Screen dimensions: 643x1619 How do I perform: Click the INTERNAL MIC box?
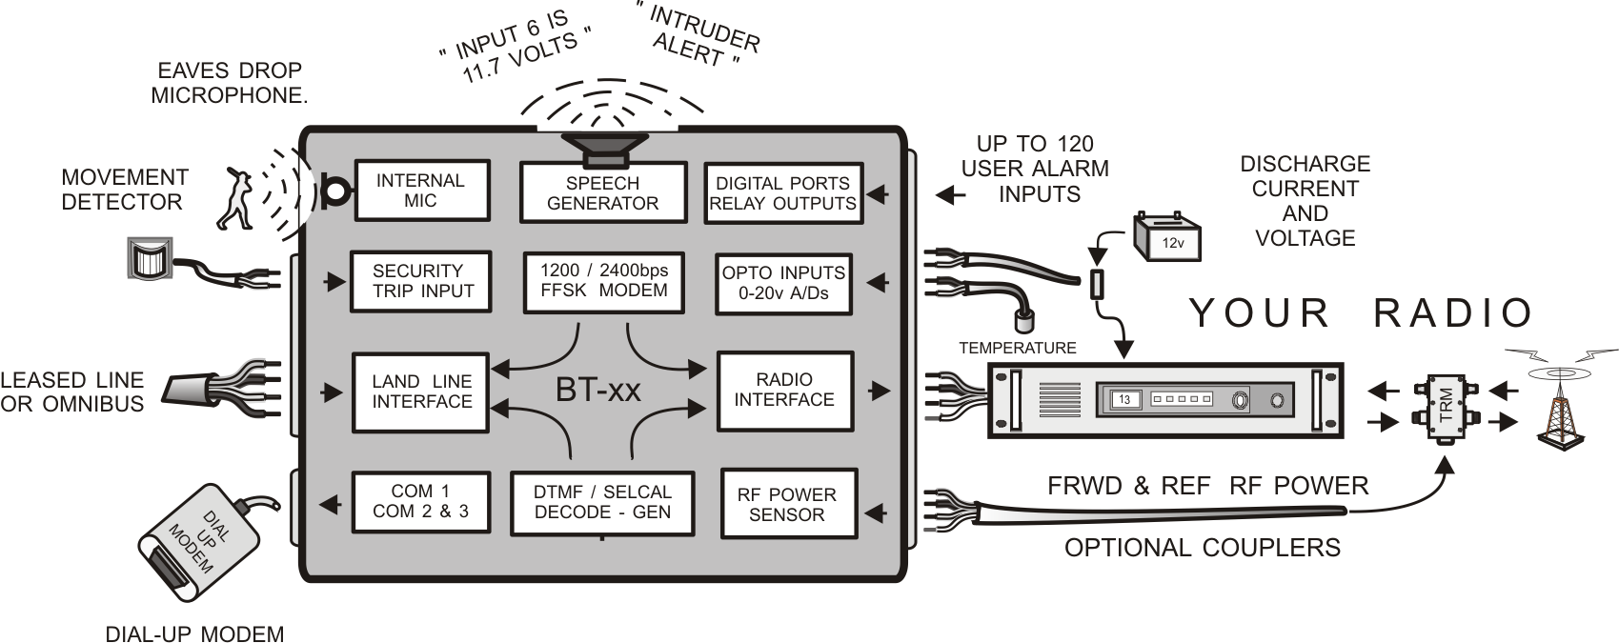tap(421, 191)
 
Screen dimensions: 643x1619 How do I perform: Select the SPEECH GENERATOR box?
tap(602, 193)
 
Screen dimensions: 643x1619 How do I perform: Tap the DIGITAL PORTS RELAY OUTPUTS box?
tap(782, 193)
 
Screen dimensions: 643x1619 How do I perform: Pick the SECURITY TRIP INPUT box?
tap(420, 281)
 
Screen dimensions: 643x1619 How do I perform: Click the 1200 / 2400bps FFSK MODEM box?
tap(603, 281)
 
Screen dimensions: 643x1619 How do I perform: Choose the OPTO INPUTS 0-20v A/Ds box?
tap(782, 283)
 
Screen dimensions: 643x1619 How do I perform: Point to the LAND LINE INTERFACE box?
tap(421, 392)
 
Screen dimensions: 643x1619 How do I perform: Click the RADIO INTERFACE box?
tap(784, 390)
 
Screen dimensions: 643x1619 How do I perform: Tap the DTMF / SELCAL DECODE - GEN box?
tap(602, 502)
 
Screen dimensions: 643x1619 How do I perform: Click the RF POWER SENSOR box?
tap(787, 505)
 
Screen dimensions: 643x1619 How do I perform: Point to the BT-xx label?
tap(598, 391)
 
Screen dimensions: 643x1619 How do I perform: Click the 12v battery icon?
tap(1167, 237)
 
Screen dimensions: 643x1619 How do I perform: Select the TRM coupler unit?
tap(1445, 407)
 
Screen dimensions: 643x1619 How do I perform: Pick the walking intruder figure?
tap(233, 198)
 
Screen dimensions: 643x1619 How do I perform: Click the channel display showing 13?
tap(1124, 400)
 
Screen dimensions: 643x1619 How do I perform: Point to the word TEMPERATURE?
tap(1017, 349)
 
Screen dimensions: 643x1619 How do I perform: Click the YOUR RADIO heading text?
tap(1361, 313)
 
